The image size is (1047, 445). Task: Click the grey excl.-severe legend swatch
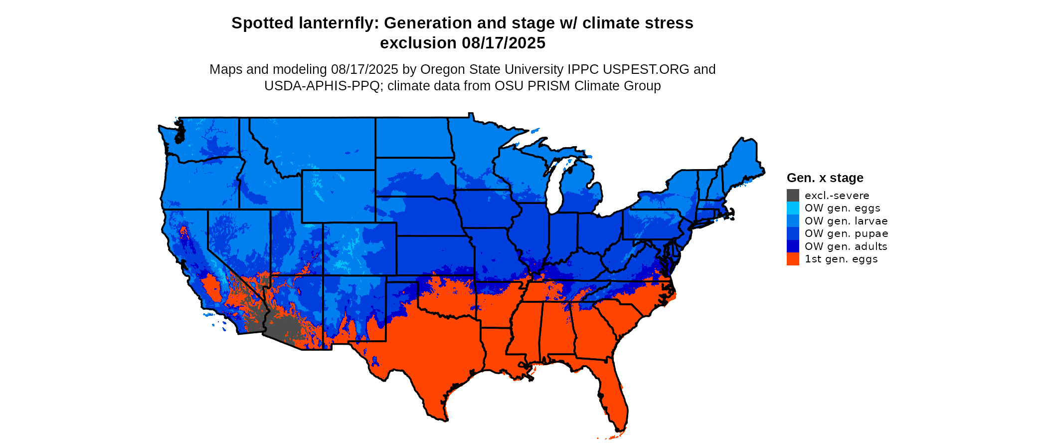tap(793, 196)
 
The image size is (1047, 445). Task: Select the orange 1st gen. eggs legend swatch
tap(793, 259)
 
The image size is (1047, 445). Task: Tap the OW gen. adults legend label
tap(846, 246)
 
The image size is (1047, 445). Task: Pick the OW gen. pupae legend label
tap(846, 233)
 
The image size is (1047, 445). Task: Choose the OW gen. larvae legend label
tap(846, 221)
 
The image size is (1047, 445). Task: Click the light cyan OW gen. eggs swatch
tap(793, 208)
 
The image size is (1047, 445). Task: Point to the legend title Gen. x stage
tap(825, 178)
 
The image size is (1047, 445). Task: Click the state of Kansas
tap(434, 254)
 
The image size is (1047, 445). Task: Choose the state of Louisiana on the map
tap(499, 349)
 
